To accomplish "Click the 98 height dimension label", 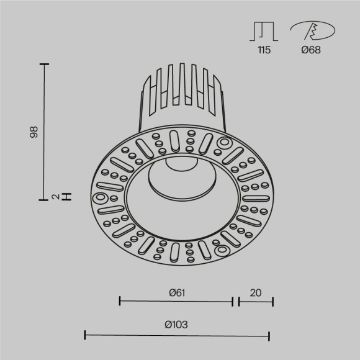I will point(35,131).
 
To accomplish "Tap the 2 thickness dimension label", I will point(56,197).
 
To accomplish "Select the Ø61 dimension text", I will point(176,291).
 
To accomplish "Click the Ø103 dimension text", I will point(176,325).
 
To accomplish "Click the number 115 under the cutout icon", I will point(264,50).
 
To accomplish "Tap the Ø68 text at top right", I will point(310,50).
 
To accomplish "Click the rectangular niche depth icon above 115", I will point(264,32).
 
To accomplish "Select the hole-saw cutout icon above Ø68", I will point(312,31).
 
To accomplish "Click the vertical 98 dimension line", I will point(44,131).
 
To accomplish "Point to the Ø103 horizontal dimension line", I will point(177,336).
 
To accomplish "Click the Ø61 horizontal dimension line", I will point(176,302).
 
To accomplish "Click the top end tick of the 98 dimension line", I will point(44,63).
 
